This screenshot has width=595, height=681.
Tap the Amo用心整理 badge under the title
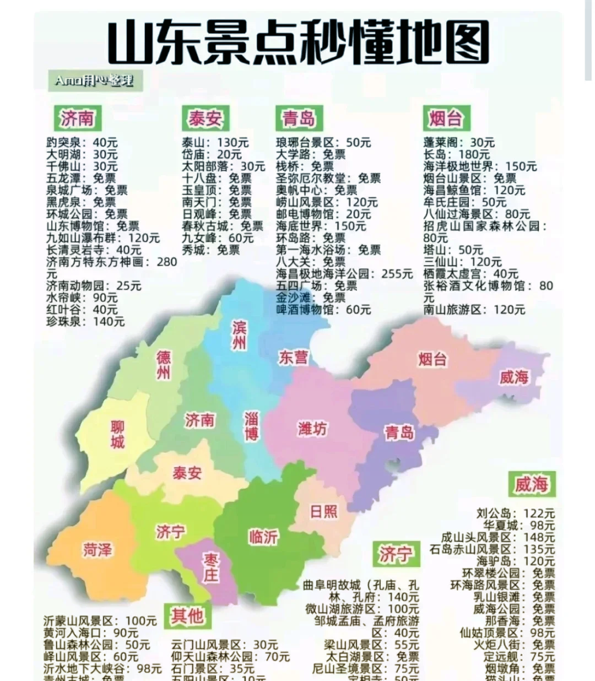tap(93, 81)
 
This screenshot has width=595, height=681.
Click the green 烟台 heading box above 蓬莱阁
tap(446, 118)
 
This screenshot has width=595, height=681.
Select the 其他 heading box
tap(187, 615)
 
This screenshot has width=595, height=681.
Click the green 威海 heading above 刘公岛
tap(531, 484)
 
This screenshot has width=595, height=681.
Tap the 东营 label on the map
tap(293, 357)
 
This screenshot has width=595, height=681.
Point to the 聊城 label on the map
tap(117, 434)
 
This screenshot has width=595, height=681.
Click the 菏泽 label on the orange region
tap(98, 549)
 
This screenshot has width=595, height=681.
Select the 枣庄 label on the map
tap(210, 567)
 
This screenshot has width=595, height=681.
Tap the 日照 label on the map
tap(323, 511)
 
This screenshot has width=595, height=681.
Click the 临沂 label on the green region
tap(263, 536)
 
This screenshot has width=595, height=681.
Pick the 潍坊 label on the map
tap(312, 429)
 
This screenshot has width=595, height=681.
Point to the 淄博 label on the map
tap(251, 425)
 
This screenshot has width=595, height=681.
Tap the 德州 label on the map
tap(164, 365)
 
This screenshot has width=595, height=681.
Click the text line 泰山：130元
tap(215, 143)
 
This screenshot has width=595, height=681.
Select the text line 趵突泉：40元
tap(82, 143)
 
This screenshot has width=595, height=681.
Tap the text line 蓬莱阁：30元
tap(459, 143)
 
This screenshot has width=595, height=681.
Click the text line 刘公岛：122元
tap(515, 514)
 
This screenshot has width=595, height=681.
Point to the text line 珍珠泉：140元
tap(85, 321)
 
